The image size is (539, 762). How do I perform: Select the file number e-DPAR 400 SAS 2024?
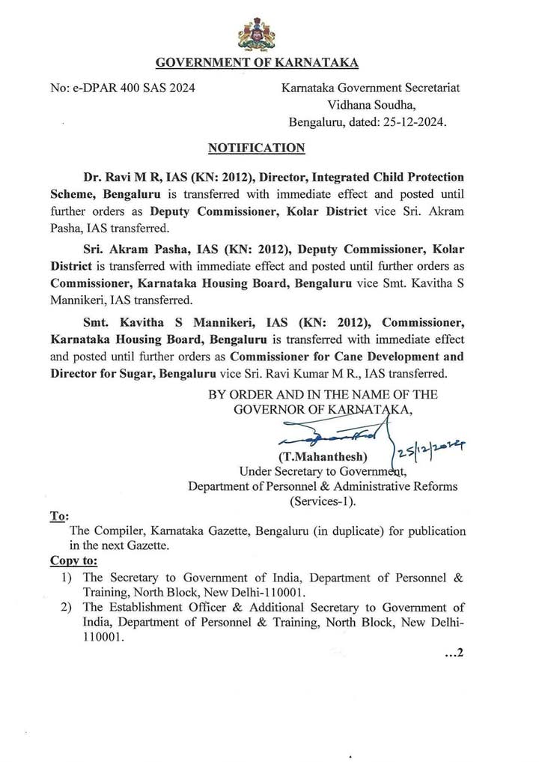click(123, 88)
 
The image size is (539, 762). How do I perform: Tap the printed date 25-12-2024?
click(410, 123)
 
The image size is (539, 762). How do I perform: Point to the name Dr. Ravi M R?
click(119, 178)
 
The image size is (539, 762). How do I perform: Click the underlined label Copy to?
click(73, 561)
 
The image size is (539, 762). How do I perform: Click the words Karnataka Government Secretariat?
click(371, 88)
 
